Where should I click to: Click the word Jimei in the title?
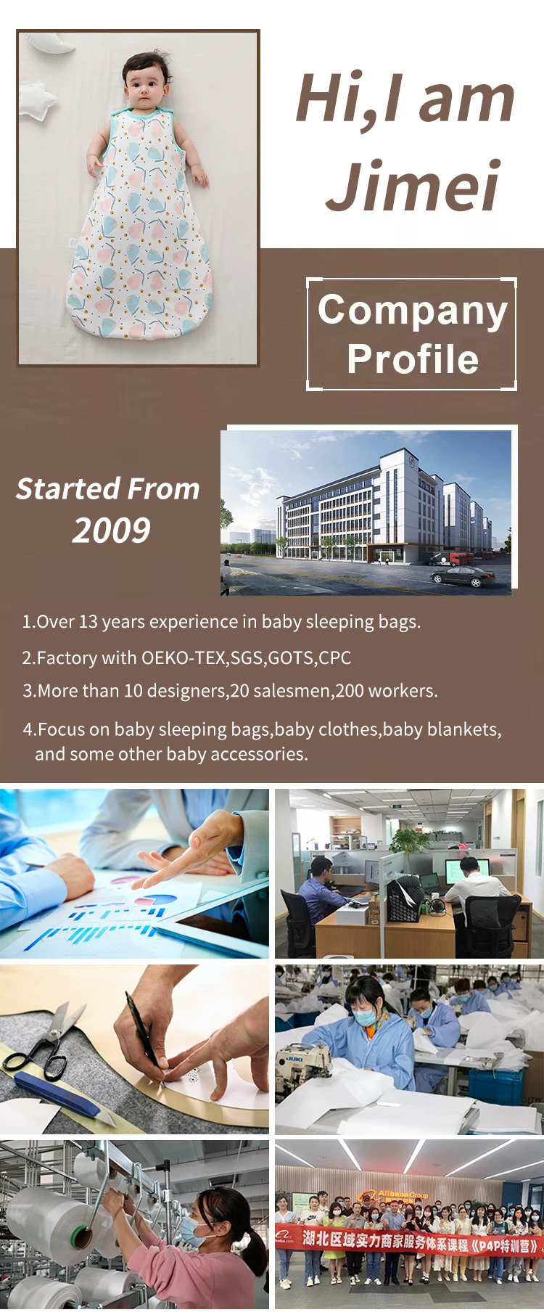click(x=413, y=185)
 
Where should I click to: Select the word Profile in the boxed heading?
click(x=413, y=359)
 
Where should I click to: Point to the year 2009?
click(x=111, y=530)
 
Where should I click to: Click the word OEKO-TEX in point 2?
click(x=184, y=657)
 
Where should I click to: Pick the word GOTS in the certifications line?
click(x=290, y=657)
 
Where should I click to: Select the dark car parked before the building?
click(x=461, y=577)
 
